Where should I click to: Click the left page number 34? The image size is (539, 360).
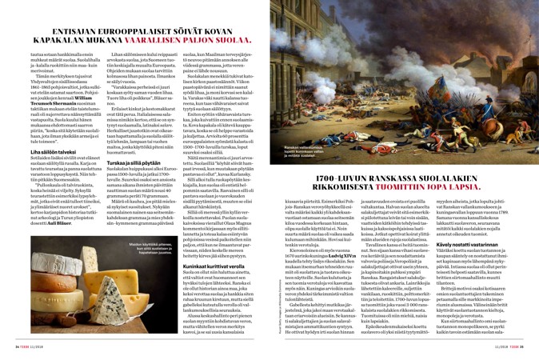pos(18,348)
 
